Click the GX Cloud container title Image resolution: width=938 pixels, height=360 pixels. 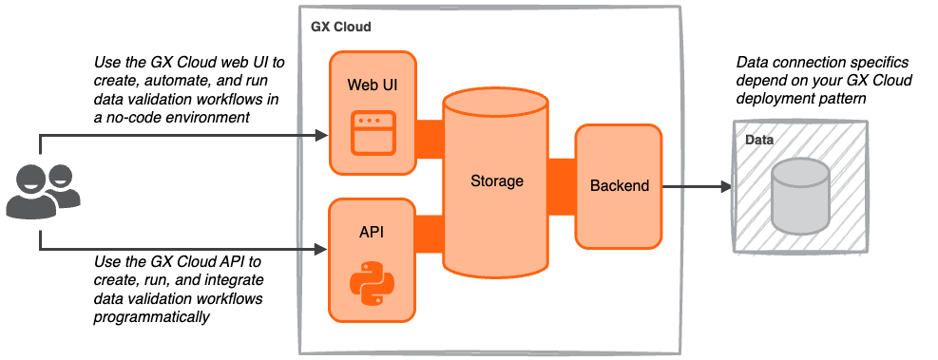[341, 27]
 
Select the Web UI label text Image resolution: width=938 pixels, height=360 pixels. [372, 85]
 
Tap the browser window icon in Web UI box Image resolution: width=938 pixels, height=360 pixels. [372, 133]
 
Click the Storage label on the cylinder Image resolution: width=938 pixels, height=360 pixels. [497, 180]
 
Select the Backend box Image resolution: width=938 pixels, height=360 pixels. [619, 185]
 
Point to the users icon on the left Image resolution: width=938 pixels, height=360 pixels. [43, 189]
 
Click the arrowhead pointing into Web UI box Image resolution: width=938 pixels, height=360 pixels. [320, 135]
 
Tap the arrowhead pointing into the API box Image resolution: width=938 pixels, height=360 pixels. [320, 251]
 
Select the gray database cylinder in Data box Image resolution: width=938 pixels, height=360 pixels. [801, 190]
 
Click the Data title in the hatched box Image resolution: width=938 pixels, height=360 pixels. [758, 140]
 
